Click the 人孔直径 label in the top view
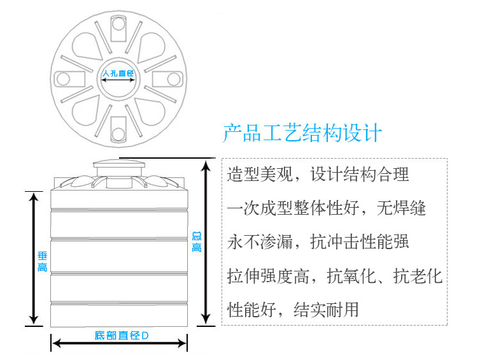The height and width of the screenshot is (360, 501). pyautogui.click(x=118, y=73)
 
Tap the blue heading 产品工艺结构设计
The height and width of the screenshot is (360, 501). pyautogui.click(x=302, y=133)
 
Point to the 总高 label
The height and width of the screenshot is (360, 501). pyautogui.click(x=197, y=242)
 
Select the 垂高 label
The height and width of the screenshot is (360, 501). pyautogui.click(x=43, y=262)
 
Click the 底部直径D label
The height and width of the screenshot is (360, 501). pyautogui.click(x=122, y=335)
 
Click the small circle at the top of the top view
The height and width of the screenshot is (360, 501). pyautogui.click(x=118, y=24)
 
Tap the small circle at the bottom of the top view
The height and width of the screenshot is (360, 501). pyautogui.click(x=118, y=134)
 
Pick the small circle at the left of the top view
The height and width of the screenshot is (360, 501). pyautogui.click(x=63, y=78)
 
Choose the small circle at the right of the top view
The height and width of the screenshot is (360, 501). pyautogui.click(x=174, y=79)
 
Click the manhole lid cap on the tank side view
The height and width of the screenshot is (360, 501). pyautogui.click(x=119, y=164)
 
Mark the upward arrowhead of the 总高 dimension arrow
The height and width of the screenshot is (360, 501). pyautogui.click(x=206, y=166)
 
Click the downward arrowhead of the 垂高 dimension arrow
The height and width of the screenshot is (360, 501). pyautogui.click(x=34, y=319)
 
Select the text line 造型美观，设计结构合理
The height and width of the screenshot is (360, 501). pyautogui.click(x=318, y=175)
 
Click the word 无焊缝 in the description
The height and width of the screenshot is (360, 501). pyautogui.click(x=401, y=208)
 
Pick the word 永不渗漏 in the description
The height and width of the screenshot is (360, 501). pyautogui.click(x=260, y=241)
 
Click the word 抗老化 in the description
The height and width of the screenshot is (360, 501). pyautogui.click(x=418, y=276)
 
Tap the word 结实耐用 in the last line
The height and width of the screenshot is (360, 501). pyautogui.click(x=326, y=310)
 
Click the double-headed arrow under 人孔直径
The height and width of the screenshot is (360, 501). pyautogui.click(x=118, y=80)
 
